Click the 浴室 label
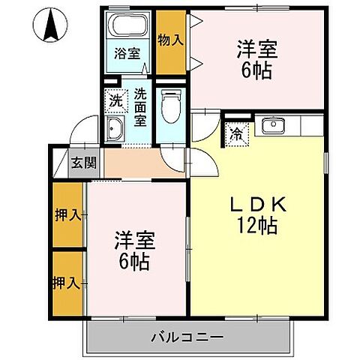click(x=127, y=53)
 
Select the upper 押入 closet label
click(x=67, y=216)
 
